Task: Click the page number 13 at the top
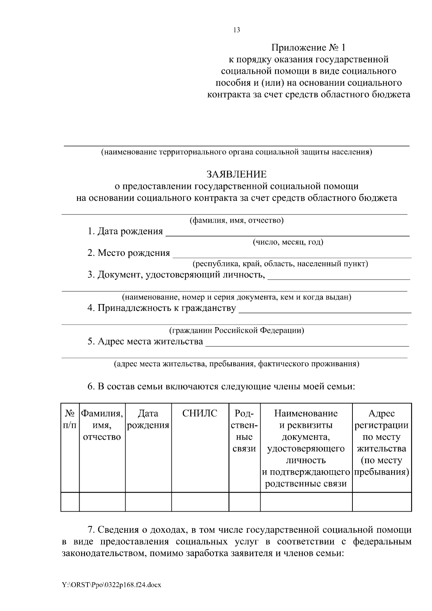click(x=237, y=30)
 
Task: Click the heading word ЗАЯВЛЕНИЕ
click(x=237, y=175)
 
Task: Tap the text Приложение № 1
click(x=308, y=47)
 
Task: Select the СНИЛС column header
click(x=200, y=414)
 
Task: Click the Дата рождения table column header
click(x=148, y=420)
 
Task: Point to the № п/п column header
click(x=70, y=420)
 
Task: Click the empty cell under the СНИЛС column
click(x=200, y=502)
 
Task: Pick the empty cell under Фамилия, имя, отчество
click(x=102, y=502)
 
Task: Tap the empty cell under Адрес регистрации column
click(x=382, y=502)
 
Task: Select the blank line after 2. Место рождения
click(x=292, y=254)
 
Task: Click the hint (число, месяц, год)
click(x=288, y=242)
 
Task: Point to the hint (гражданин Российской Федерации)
click(x=237, y=330)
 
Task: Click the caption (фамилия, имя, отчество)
click(x=237, y=220)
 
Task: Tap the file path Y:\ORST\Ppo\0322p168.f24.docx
click(x=111, y=585)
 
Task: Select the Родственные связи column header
click(x=244, y=431)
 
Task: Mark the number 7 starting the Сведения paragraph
click(x=91, y=530)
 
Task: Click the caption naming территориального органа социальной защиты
click(x=237, y=152)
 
